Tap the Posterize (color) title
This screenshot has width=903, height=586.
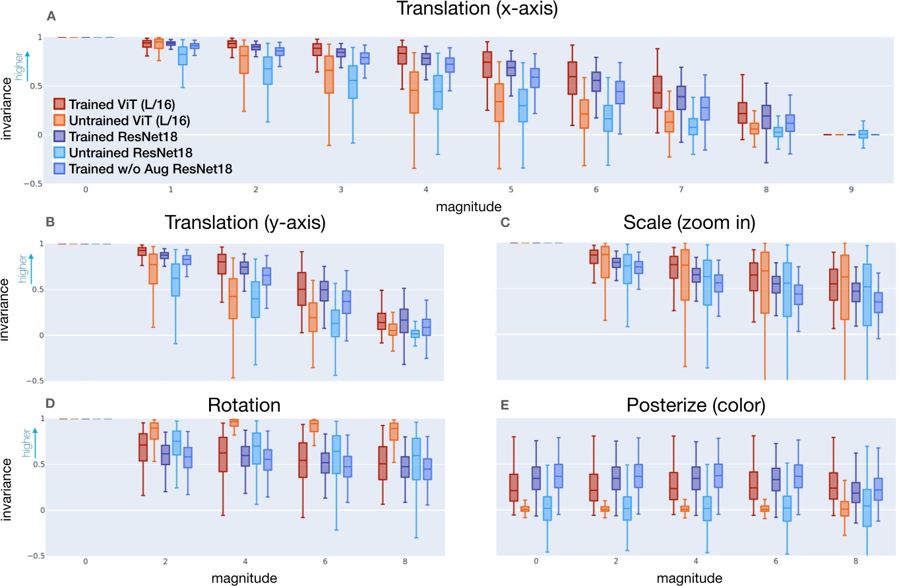click(694, 405)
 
